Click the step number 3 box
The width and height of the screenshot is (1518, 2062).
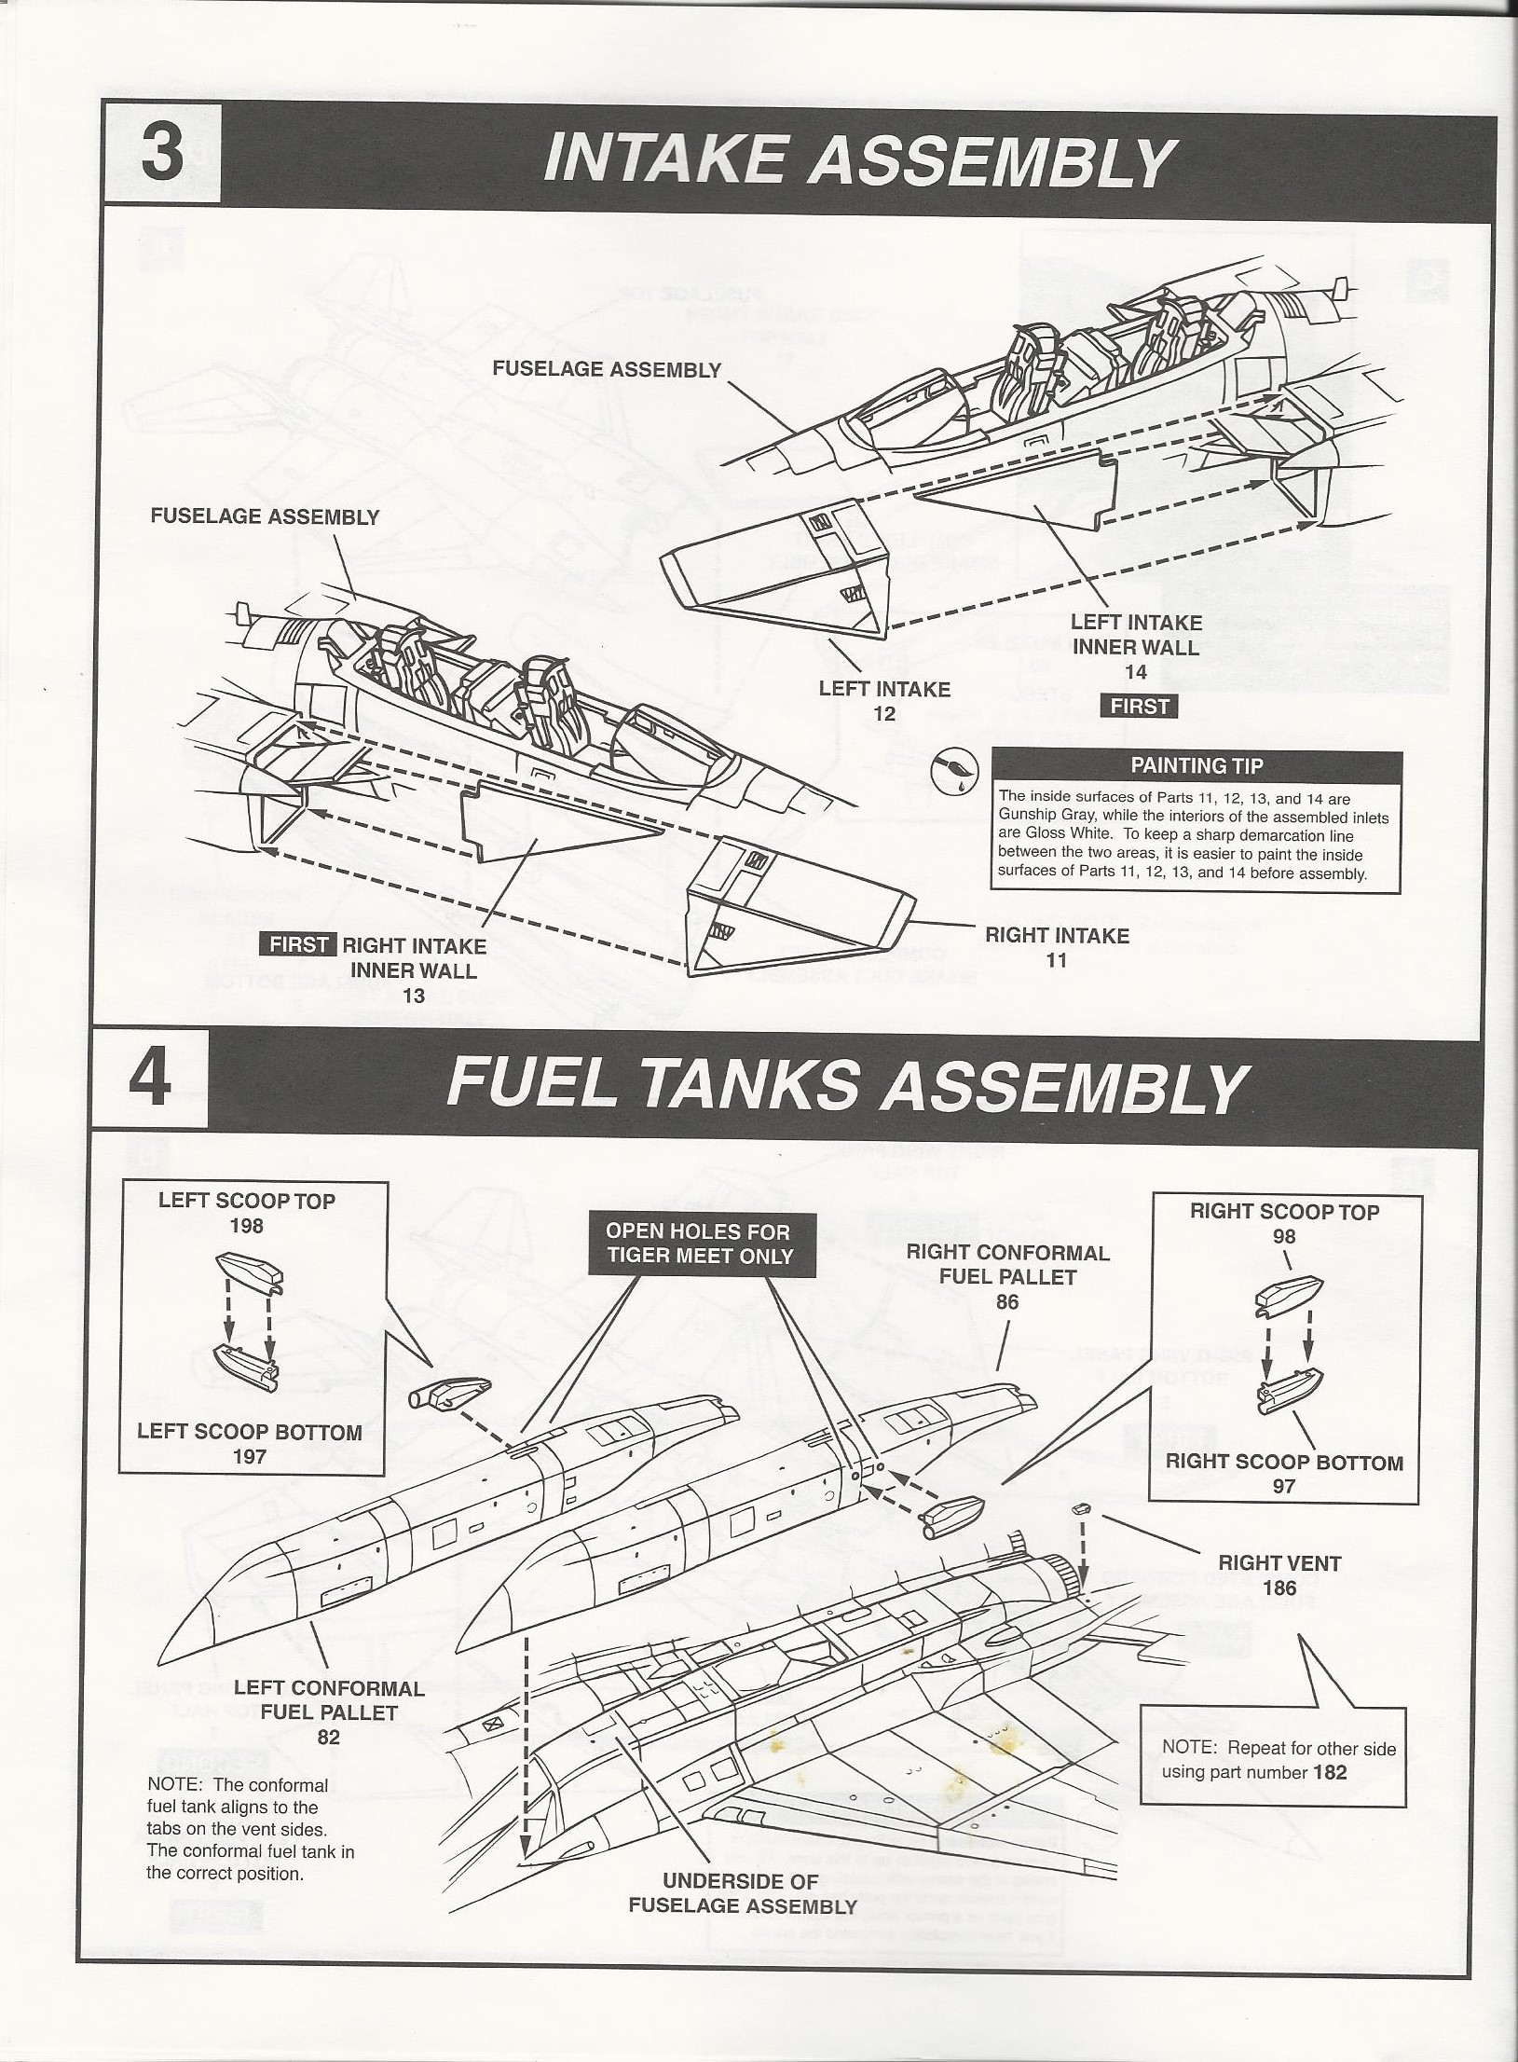[161, 154]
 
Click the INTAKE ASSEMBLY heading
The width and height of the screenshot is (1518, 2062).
[855, 159]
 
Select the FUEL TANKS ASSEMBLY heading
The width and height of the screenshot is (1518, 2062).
[845, 1086]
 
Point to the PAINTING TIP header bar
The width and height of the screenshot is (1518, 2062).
[1196, 765]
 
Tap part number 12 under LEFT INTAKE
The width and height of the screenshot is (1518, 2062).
[883, 714]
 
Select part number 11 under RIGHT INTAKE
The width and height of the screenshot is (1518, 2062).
[1056, 959]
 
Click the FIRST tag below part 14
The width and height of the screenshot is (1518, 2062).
[1140, 706]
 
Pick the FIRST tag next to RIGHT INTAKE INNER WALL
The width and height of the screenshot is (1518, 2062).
[298, 945]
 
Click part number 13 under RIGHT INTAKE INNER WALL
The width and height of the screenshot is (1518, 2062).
[413, 996]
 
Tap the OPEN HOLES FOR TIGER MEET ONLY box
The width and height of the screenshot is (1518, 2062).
[700, 1244]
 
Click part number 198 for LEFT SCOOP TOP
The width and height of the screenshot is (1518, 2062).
[246, 1227]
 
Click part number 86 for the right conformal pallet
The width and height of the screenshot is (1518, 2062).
[1006, 1302]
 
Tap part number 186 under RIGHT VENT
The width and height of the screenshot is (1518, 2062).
[1279, 1588]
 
